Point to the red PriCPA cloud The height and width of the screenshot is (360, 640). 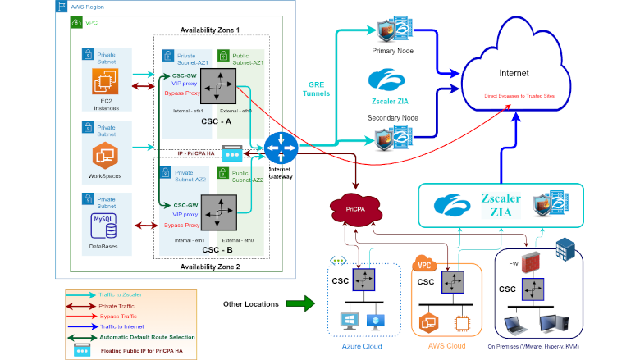(x=354, y=211)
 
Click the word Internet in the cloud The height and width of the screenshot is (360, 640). (x=514, y=73)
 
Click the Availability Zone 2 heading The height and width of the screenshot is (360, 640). (x=210, y=266)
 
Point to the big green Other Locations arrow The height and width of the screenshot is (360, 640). (x=300, y=304)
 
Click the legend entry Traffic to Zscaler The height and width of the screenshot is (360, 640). (x=121, y=293)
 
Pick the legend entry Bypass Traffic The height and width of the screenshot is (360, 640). (x=120, y=315)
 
